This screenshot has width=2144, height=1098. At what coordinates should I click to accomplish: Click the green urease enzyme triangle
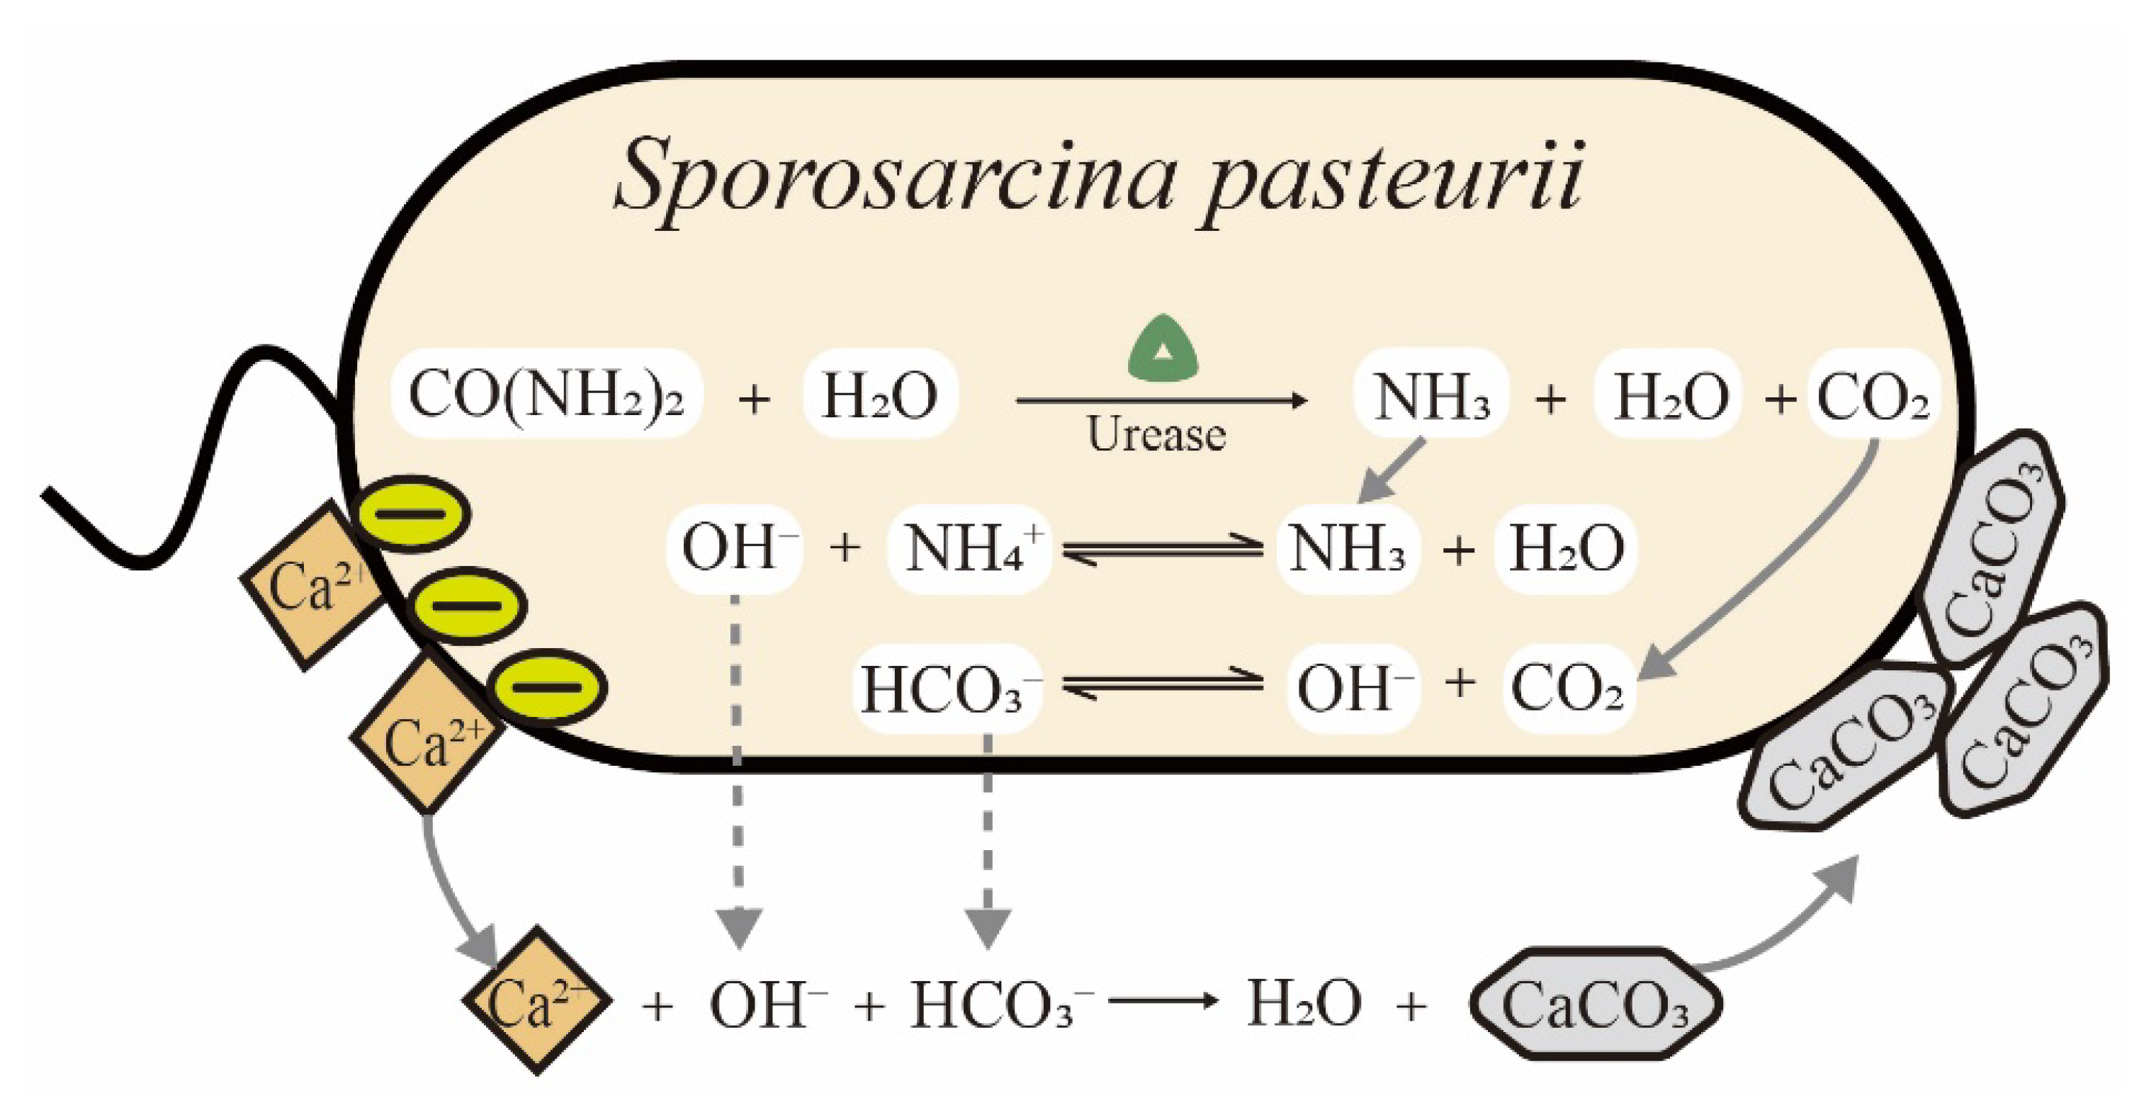[1163, 350]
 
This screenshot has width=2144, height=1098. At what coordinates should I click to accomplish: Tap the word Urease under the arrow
[1157, 434]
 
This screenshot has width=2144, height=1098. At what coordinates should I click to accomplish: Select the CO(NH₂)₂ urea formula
[546, 395]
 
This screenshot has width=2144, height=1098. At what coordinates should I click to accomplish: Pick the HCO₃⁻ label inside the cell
[949, 689]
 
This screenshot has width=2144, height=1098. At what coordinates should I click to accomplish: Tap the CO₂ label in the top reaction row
[1872, 396]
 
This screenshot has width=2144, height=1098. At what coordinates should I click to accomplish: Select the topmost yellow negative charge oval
[411, 513]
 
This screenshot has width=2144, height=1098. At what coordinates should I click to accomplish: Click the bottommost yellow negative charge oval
[548, 686]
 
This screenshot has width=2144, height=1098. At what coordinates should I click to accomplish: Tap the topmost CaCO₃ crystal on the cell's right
[1997, 550]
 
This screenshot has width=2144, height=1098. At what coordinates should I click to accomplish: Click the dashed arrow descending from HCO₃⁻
[988, 841]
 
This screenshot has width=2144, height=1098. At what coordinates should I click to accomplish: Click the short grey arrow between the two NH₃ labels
[1392, 471]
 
